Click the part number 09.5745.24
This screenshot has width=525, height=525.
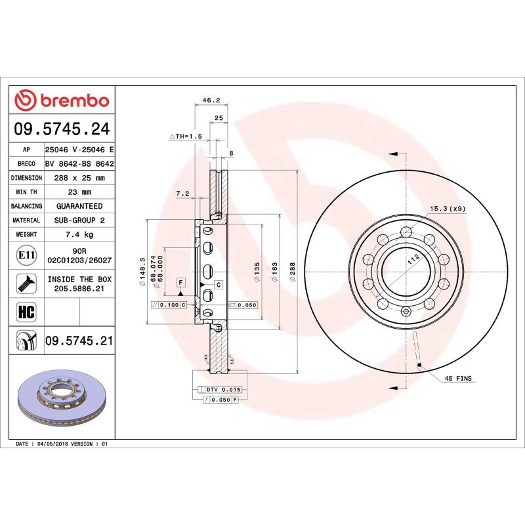62,129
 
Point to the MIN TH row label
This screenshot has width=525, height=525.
27,192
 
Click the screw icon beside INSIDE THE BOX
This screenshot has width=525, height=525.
26,283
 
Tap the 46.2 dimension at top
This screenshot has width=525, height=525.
210,100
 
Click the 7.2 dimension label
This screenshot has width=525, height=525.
182,193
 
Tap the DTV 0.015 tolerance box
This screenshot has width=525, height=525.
224,389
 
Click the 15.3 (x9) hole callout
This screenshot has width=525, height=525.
448,209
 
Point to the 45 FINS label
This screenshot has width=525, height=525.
459,379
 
